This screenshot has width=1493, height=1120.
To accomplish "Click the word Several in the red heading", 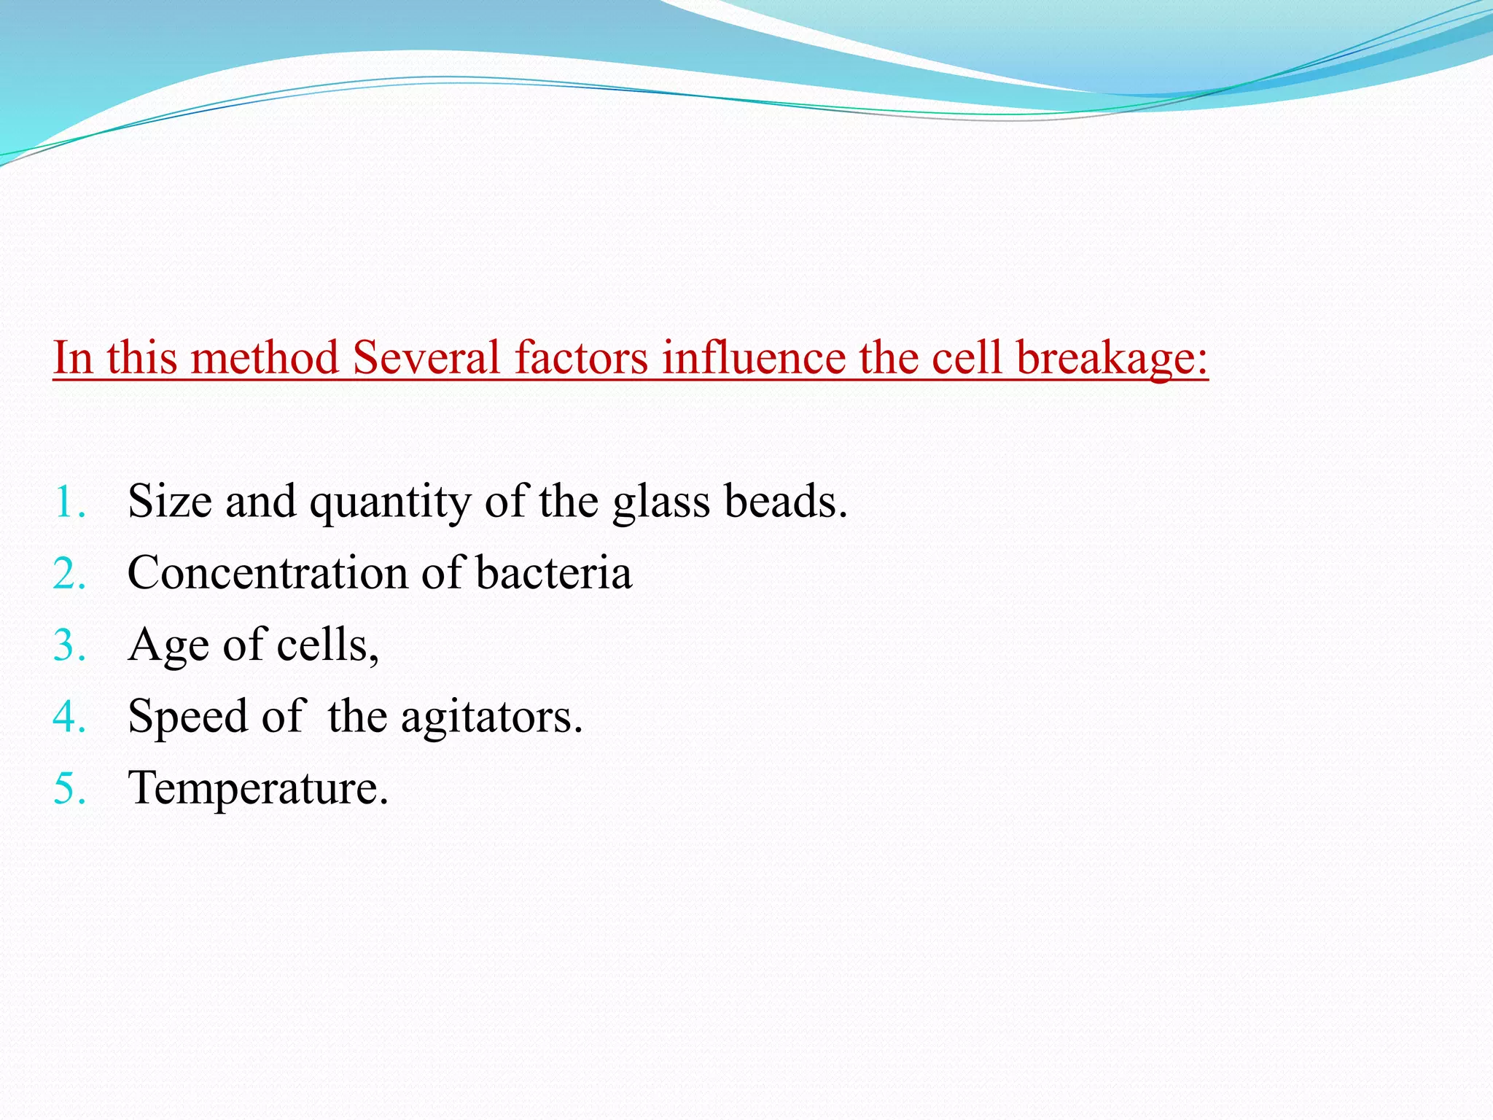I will tap(426, 358).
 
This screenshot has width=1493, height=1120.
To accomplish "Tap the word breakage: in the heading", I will tap(1112, 358).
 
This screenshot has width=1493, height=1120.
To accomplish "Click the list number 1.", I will tap(69, 502).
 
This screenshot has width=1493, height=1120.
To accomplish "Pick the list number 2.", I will tap(69, 574).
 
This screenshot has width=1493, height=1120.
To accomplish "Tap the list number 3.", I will tap(69, 645).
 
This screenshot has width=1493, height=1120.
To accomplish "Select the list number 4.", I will tap(69, 717).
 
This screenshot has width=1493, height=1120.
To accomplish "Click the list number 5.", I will tap(69, 788).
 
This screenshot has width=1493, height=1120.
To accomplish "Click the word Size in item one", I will tap(170, 502).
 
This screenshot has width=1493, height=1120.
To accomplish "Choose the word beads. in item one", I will tap(785, 502).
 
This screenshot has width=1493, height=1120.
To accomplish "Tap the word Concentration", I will tap(267, 572).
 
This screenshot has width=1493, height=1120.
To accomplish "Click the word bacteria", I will tap(553, 572).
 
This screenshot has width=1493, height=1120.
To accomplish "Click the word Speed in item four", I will tap(187, 717).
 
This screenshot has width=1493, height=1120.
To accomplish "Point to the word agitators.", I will tap(491, 717).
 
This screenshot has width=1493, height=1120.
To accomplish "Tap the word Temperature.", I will tap(258, 788).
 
